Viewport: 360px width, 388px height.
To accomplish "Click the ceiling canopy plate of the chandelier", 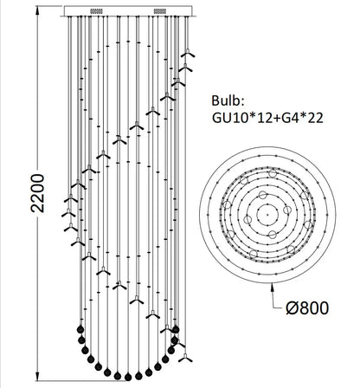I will tap(129, 13).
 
